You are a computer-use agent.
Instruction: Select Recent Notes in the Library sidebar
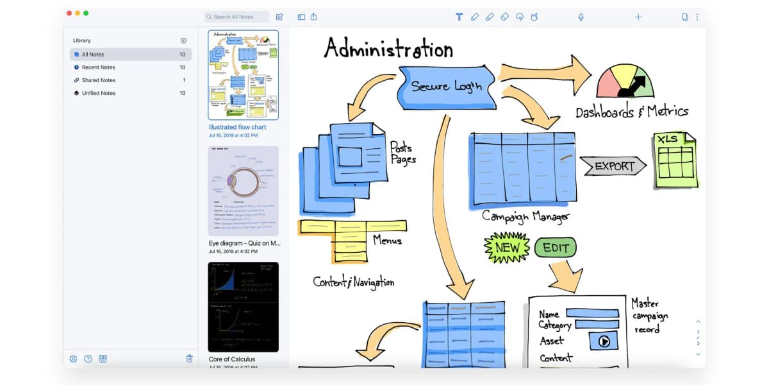[98, 67]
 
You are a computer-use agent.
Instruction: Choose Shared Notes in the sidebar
[98, 80]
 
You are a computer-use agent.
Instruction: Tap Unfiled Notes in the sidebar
[98, 93]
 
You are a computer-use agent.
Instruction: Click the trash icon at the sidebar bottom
[189, 359]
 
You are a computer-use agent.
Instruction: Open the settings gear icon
[73, 359]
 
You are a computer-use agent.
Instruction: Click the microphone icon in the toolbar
[581, 17]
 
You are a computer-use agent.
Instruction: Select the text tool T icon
[459, 17]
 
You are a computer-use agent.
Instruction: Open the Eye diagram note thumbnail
[244, 191]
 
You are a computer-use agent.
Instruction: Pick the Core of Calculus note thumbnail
[244, 306]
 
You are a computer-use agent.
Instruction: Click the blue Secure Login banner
[447, 87]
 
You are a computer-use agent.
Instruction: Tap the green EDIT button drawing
[555, 248]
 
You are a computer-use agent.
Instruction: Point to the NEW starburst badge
[507, 248]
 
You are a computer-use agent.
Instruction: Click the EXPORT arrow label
[613, 166]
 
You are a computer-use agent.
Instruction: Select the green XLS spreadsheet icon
[675, 160]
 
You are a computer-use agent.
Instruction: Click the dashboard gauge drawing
[625, 81]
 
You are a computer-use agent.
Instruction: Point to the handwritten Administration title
[388, 49]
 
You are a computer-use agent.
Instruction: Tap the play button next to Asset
[604, 341]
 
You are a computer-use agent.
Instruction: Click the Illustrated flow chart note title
[237, 127]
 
